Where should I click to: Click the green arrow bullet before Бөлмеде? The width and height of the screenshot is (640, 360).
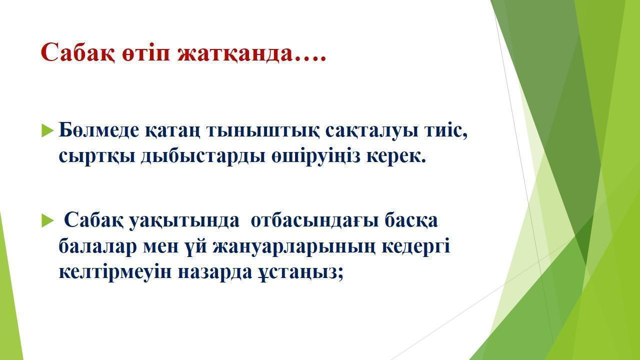pyautogui.click(x=47, y=130)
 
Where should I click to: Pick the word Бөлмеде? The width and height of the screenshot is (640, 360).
pyautogui.click(x=99, y=130)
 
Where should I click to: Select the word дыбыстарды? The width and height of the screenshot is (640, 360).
pyautogui.click(x=203, y=156)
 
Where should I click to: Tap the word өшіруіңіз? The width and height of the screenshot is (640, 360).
pyautogui.click(x=315, y=156)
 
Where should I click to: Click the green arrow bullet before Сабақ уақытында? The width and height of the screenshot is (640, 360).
pyautogui.click(x=47, y=220)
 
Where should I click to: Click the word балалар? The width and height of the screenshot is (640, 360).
pyautogui.click(x=97, y=246)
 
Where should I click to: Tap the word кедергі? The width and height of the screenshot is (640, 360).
pyautogui.click(x=415, y=246)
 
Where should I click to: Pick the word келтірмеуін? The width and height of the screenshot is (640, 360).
pyautogui.click(x=115, y=271)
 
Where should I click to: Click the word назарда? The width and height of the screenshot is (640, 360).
pyautogui.click(x=215, y=271)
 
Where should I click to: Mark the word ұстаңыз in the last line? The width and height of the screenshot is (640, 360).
pyautogui.click(x=298, y=272)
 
